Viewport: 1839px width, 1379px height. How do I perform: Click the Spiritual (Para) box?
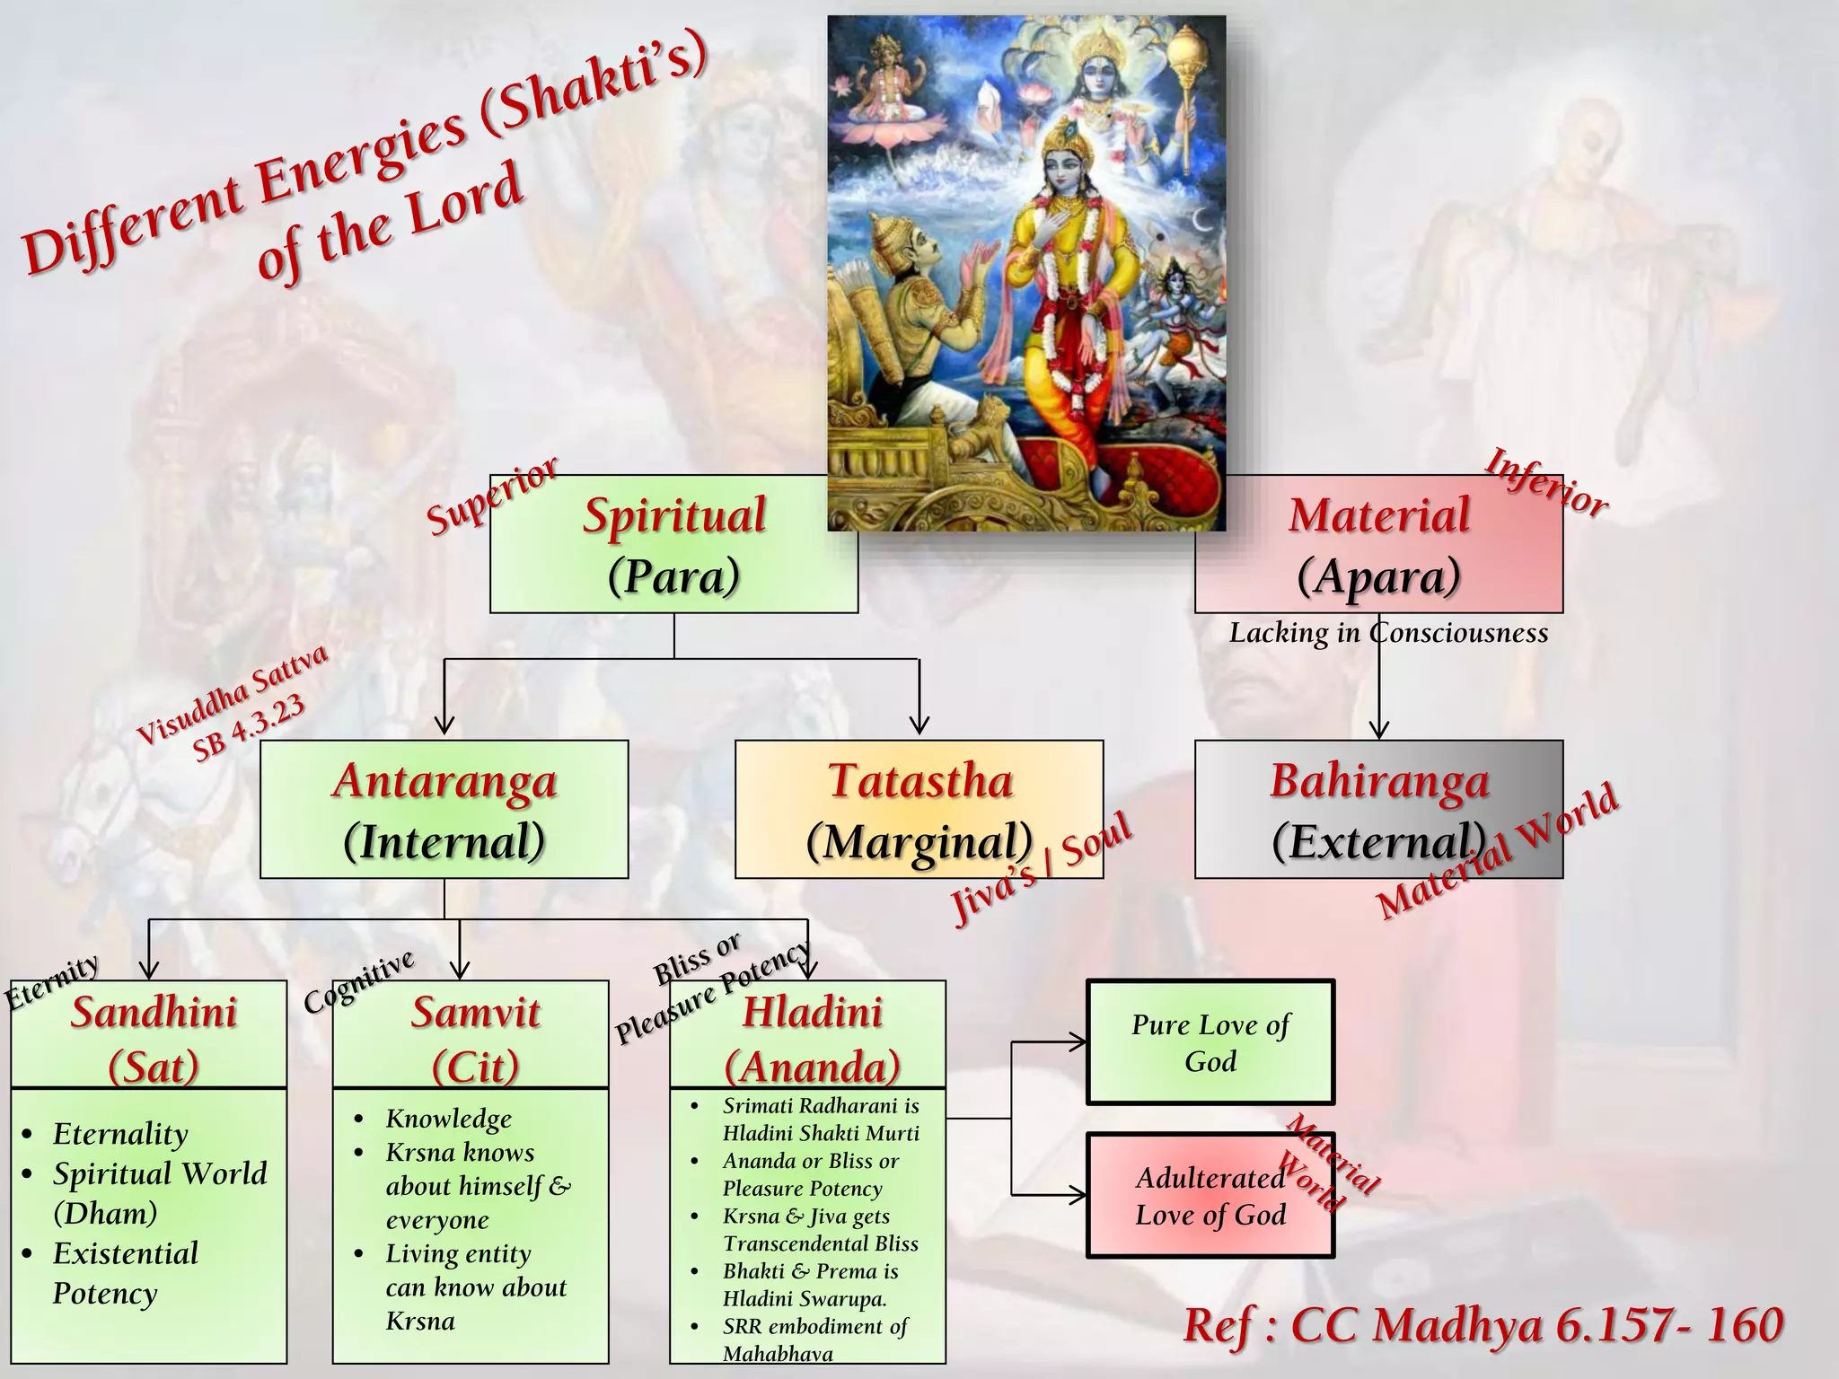(x=673, y=544)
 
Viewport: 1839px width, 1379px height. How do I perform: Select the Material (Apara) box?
(x=1378, y=544)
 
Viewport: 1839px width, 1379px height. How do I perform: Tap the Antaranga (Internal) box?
(x=444, y=809)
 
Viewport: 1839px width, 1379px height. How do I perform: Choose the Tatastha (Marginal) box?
(x=919, y=809)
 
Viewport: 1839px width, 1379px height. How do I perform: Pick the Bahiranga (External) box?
(x=1378, y=809)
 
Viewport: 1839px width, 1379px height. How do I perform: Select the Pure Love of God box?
(x=1210, y=1042)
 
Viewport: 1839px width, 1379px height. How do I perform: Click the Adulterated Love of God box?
(x=1210, y=1195)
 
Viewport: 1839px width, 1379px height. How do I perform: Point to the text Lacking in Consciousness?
(x=1388, y=633)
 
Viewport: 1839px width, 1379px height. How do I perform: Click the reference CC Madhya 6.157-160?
(x=1483, y=1325)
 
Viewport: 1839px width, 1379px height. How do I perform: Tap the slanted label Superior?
(x=492, y=496)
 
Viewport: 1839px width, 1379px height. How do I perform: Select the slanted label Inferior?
(x=1546, y=483)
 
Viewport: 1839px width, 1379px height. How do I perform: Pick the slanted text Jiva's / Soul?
(x=1042, y=870)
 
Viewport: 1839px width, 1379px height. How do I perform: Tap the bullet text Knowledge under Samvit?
(x=448, y=1119)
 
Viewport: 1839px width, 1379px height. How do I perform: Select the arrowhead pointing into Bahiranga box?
(x=1379, y=730)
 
